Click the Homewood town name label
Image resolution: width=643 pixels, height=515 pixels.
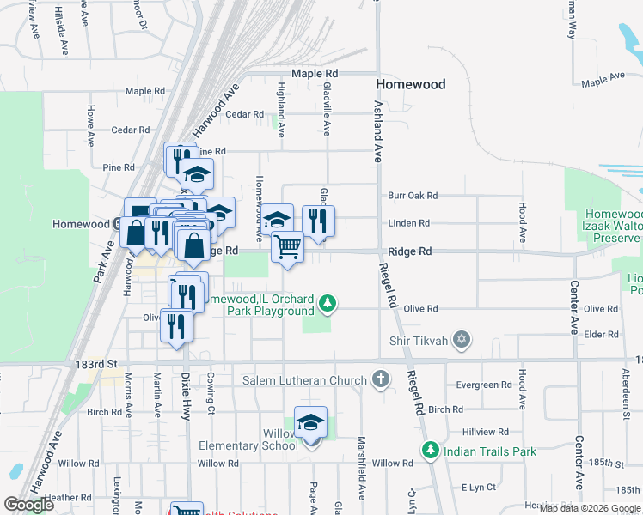411,84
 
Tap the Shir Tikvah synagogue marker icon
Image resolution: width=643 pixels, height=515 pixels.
462,341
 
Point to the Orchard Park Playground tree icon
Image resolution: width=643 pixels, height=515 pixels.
327,302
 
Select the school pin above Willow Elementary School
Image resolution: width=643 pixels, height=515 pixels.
310,421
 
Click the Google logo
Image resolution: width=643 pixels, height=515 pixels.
28,505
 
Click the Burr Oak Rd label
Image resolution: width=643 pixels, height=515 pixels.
413,196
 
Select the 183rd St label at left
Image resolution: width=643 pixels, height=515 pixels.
95,364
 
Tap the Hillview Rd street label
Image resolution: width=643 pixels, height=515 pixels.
486,432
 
